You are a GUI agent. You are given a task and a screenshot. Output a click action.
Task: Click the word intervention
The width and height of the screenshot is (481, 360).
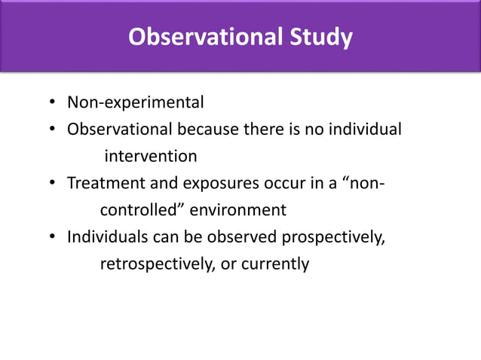(150, 157)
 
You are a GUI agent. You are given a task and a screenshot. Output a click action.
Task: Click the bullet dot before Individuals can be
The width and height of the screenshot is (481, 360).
(54, 238)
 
